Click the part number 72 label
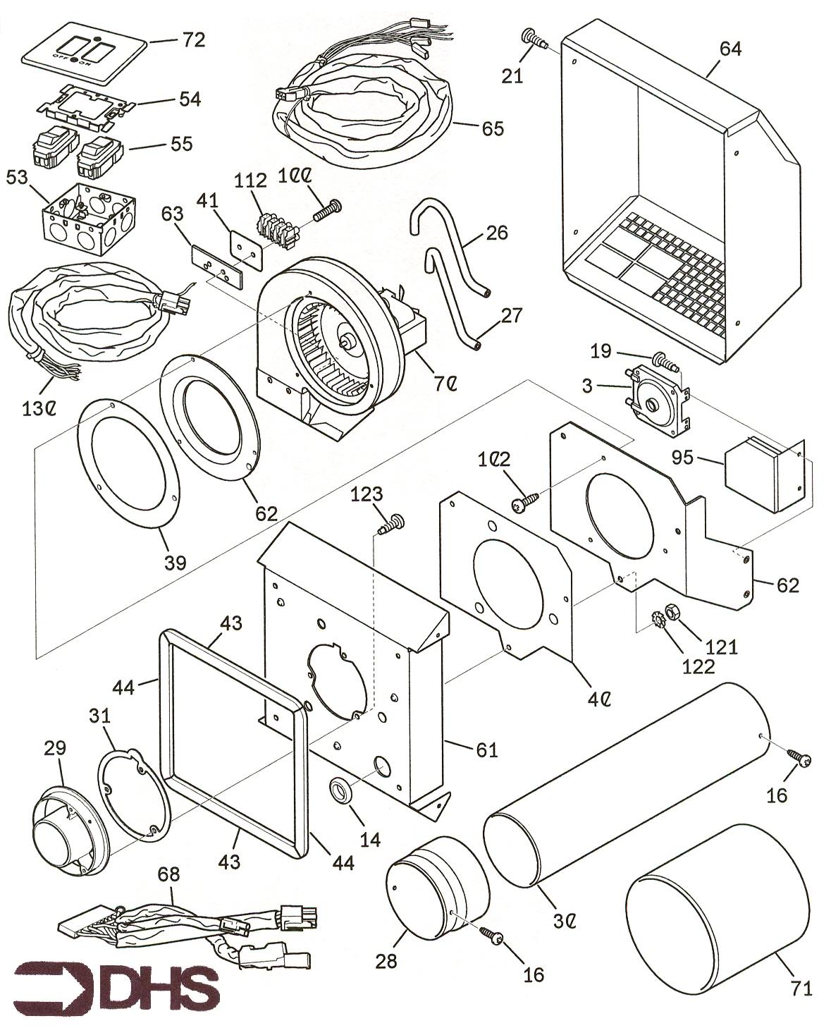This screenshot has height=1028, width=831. [192, 39]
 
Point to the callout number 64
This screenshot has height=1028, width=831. [730, 49]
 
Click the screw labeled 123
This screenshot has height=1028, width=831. [392, 525]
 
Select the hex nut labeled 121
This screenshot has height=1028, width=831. [672, 610]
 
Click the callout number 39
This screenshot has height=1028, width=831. [176, 562]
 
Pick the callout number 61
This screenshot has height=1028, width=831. [486, 749]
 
